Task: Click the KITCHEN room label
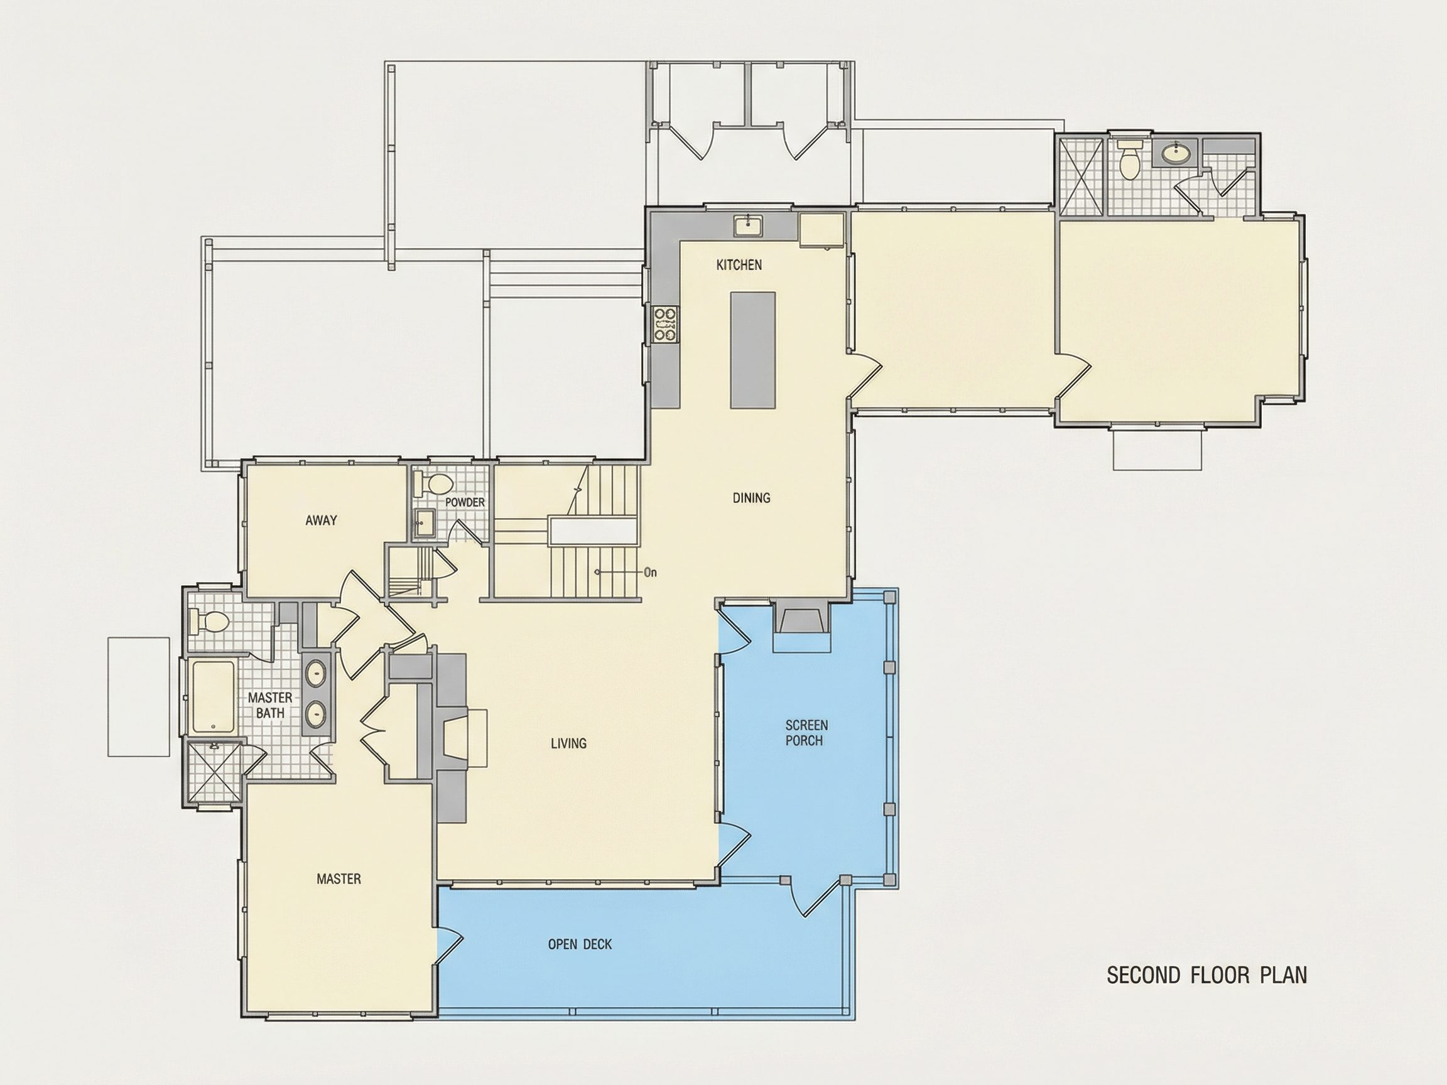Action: (x=739, y=265)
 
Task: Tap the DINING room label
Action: (x=751, y=498)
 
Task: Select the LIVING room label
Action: (x=568, y=743)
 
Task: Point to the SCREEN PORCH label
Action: (x=806, y=733)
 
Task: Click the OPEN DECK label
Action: (x=580, y=944)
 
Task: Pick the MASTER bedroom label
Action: (x=339, y=879)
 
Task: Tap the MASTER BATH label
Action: (x=270, y=706)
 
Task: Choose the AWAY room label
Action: (x=321, y=521)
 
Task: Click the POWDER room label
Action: (x=465, y=502)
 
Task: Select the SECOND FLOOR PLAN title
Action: (x=1207, y=975)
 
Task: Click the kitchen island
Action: (x=753, y=349)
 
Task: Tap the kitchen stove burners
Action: (x=666, y=325)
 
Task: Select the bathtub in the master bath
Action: (x=213, y=696)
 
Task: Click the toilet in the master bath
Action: (x=208, y=622)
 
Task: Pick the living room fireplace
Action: (x=463, y=737)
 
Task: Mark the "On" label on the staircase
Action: (x=650, y=573)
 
